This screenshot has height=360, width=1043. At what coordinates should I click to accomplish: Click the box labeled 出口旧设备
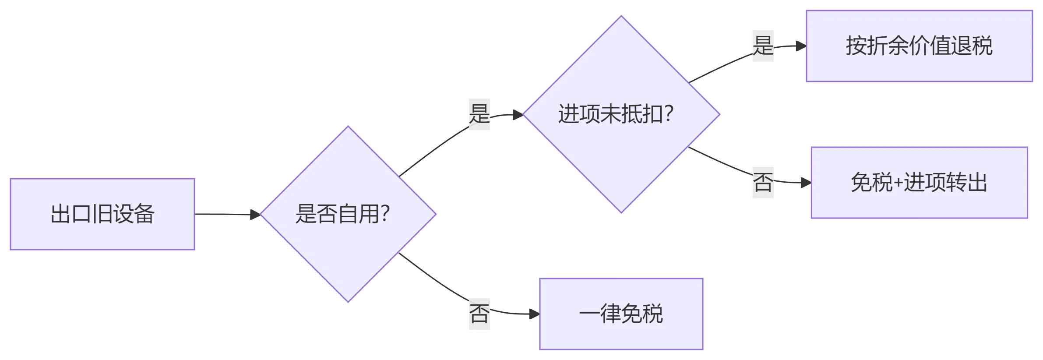pyautogui.click(x=102, y=214)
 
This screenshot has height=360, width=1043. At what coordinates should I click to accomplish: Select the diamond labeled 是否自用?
pyautogui.click(x=348, y=214)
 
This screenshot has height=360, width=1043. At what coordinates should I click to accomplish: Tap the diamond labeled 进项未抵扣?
pyautogui.click(x=621, y=114)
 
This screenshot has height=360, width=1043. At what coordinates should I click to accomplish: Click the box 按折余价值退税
pyautogui.click(x=919, y=46)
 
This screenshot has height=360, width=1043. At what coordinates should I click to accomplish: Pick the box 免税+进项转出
pyautogui.click(x=919, y=183)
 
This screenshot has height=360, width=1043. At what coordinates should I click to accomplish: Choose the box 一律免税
pyautogui.click(x=621, y=314)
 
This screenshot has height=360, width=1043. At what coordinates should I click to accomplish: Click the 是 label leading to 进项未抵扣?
pyautogui.click(x=479, y=114)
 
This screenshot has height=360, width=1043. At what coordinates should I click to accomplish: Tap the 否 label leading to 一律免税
pyautogui.click(x=479, y=314)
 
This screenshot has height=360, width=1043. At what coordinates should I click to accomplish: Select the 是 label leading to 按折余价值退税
pyautogui.click(x=763, y=46)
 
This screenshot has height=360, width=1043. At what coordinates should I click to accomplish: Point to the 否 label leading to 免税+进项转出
pyautogui.click(x=763, y=183)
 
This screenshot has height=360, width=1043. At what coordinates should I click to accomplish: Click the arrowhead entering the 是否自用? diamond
pyautogui.click(x=255, y=215)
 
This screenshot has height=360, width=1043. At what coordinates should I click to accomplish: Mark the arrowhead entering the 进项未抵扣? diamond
pyautogui.click(x=518, y=115)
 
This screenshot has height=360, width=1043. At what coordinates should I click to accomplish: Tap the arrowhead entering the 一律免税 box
pyautogui.click(x=534, y=314)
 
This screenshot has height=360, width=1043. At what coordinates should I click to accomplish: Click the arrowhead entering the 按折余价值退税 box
pyautogui.click(x=801, y=46)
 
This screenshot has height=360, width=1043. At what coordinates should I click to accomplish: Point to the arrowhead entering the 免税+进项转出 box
pyautogui.click(x=806, y=183)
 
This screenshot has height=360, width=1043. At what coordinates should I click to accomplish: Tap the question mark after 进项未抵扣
pyautogui.click(x=669, y=114)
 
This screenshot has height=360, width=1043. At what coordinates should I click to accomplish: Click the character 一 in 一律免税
pyautogui.click(x=589, y=314)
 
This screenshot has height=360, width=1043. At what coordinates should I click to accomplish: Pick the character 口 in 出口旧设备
pyautogui.click(x=81, y=214)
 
